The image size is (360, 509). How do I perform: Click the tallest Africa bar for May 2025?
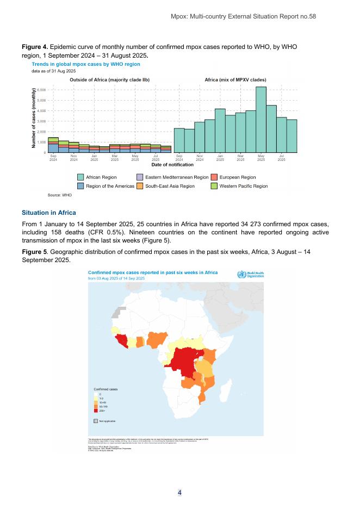pos(261,120)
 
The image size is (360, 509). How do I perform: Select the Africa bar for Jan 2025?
pos(220,131)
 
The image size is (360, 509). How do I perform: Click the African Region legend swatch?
pos(80,177)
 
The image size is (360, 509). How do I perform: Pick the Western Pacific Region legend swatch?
pos(214,186)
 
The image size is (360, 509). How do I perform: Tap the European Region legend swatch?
pos(214,177)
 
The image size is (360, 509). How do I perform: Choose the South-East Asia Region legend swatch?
pos(140,186)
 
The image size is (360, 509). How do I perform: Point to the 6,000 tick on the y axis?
pos(41,90)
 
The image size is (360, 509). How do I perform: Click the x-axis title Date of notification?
pos(171,164)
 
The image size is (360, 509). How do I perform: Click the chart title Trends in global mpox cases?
pos(86,64)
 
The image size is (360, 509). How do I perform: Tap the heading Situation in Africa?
pos(49,212)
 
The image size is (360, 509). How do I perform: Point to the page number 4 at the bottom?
pos(179,493)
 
